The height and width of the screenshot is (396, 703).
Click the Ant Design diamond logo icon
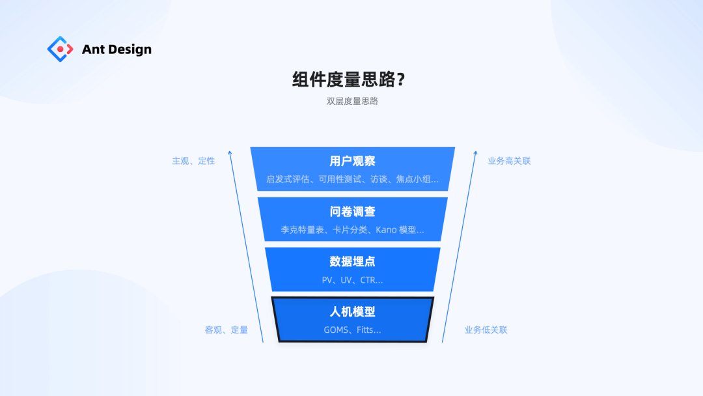tap(61, 49)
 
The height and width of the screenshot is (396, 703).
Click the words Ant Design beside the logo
tap(117, 49)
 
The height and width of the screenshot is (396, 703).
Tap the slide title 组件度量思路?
tap(349, 79)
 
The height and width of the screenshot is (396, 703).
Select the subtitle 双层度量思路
tap(352, 101)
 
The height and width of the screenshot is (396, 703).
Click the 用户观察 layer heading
tap(352, 161)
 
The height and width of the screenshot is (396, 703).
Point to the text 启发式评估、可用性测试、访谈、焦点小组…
tap(352, 179)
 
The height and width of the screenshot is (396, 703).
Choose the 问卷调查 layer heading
tap(352, 211)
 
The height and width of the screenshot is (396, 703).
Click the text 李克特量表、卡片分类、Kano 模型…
tap(352, 229)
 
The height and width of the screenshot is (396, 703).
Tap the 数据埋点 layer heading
tap(352, 261)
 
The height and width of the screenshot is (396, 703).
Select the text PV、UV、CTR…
tap(352, 280)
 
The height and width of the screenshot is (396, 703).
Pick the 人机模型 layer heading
tap(352, 311)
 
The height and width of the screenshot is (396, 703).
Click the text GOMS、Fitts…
tap(352, 330)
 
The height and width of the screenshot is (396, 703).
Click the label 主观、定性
tap(193, 161)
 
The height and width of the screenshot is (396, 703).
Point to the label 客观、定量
tap(227, 330)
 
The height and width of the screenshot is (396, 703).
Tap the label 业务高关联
tap(509, 161)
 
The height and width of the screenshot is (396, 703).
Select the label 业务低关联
tap(486, 330)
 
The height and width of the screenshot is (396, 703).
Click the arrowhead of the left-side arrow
tap(230, 154)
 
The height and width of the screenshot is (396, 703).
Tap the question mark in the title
tap(401, 80)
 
